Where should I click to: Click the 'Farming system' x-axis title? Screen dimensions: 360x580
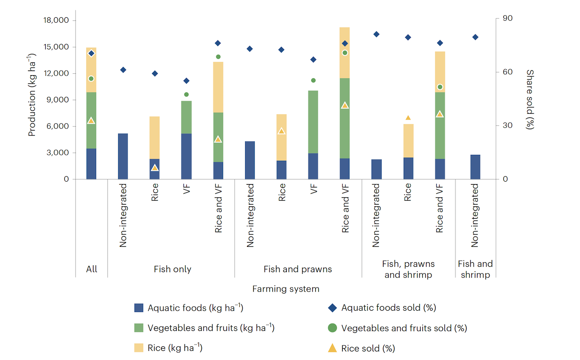pyautogui.click(x=285, y=289)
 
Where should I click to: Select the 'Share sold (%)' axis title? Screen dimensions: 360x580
pyautogui.click(x=530, y=99)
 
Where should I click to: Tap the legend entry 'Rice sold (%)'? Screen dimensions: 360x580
pyautogui.click(x=368, y=348)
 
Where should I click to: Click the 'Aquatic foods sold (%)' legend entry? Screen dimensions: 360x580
pyautogui.click(x=388, y=308)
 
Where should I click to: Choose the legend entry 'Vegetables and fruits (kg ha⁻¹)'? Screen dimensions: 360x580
pyautogui.click(x=211, y=328)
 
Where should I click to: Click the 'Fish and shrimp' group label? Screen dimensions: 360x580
pyautogui.click(x=475, y=269)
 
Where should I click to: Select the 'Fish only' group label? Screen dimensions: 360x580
pyautogui.click(x=172, y=269)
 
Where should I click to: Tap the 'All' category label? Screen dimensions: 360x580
pyautogui.click(x=92, y=269)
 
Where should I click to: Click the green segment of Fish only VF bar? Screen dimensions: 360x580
pyautogui.click(x=186, y=117)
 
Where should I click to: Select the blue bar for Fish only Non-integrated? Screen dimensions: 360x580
pyautogui.click(x=123, y=156)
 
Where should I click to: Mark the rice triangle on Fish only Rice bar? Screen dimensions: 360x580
pyautogui.click(x=155, y=168)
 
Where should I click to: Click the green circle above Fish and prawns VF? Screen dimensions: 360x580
pyautogui.click(x=313, y=81)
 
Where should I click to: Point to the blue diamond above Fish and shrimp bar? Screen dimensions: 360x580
pyautogui.click(x=475, y=37)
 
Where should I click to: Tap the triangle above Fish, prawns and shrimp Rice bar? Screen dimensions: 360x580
pyautogui.click(x=408, y=118)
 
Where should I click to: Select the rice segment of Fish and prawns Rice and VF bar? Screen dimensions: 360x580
pyautogui.click(x=345, y=53)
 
